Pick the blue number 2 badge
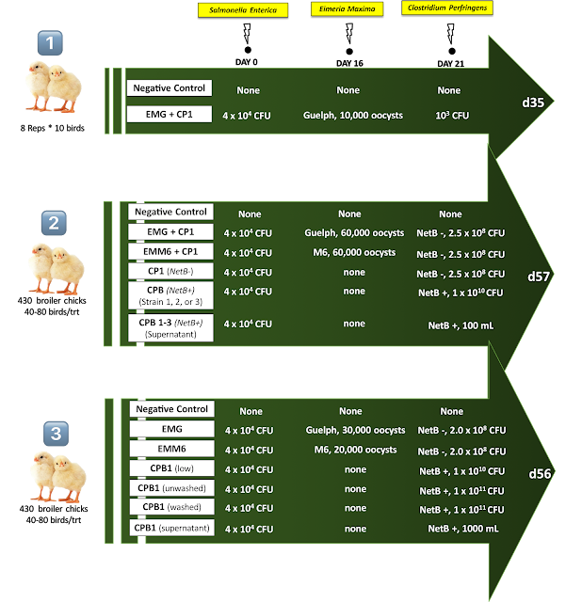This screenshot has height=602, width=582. pyautogui.click(x=52, y=223)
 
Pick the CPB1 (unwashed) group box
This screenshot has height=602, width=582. pyautogui.click(x=173, y=488)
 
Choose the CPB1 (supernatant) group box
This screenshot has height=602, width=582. pyautogui.click(x=173, y=528)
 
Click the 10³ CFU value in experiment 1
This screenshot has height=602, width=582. pyautogui.click(x=449, y=116)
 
